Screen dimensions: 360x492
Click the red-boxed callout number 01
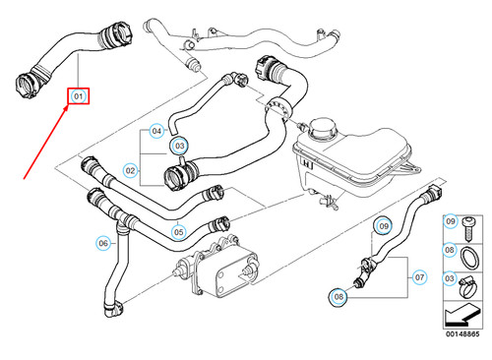click(79, 96)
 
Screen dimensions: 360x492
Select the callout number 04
click(156, 130)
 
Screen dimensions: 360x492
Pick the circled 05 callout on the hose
click(178, 232)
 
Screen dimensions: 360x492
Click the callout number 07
click(420, 278)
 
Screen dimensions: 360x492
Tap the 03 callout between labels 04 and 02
click(179, 147)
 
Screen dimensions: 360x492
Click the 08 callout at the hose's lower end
click(338, 295)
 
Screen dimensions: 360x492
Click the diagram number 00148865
click(462, 335)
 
